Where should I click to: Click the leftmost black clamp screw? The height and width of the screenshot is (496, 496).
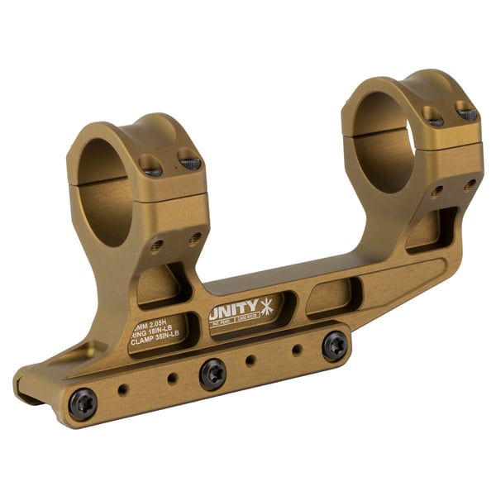pyautogui.click(x=83, y=403)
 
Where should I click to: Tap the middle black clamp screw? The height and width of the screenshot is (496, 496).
pyautogui.click(x=213, y=374)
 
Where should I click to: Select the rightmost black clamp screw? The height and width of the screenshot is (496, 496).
pyautogui.click(x=335, y=345)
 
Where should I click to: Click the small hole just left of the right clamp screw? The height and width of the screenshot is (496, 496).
pyautogui.click(x=297, y=351)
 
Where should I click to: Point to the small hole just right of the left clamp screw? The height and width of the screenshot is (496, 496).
pyautogui.click(x=122, y=389)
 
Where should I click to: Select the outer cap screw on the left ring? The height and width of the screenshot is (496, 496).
pyautogui.click(x=189, y=163)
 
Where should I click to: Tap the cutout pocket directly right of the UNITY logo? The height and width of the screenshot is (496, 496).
pyautogui.click(x=332, y=297)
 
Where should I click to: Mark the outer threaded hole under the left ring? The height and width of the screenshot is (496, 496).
pyautogui.click(x=195, y=240)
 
